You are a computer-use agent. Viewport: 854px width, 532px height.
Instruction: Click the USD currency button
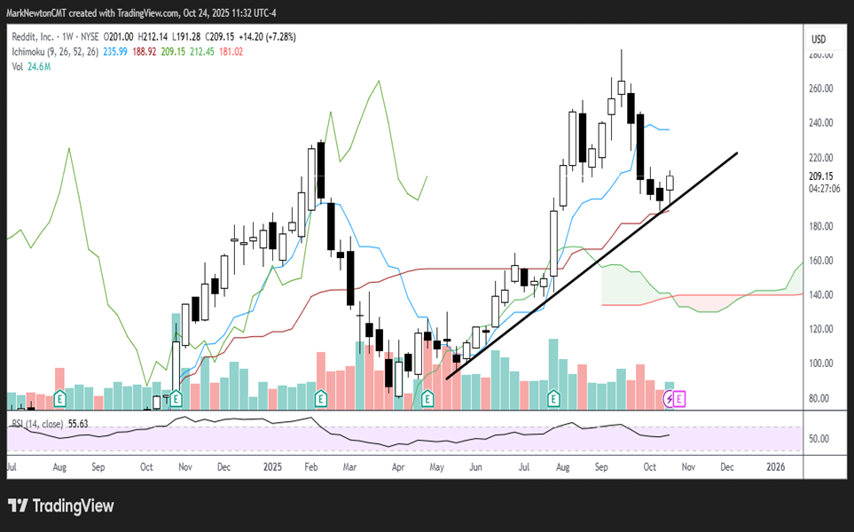pos(819,39)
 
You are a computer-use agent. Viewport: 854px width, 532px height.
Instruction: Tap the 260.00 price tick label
pos(821,89)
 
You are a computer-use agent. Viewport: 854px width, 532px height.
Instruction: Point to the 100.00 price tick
pos(821,364)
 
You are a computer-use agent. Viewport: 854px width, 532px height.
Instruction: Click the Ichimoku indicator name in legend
pos(33,52)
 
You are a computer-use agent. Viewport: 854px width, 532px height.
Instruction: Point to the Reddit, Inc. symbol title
pos(38,37)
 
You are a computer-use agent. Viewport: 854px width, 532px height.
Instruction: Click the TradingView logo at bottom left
pos(61,506)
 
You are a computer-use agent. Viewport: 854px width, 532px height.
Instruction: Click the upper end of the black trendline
pos(737,153)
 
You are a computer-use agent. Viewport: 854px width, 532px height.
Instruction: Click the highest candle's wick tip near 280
pos(622,51)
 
